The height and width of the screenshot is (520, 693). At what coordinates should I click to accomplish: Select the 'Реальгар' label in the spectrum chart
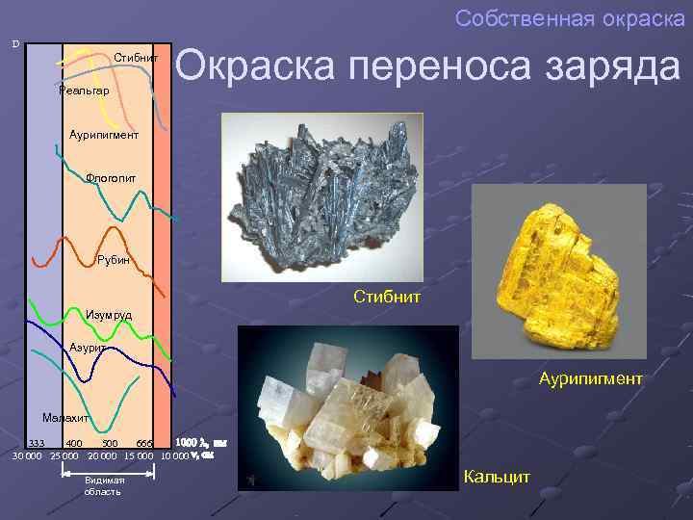pyautogui.click(x=84, y=90)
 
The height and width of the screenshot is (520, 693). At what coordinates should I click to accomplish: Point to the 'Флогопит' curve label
pyautogui.click(x=111, y=177)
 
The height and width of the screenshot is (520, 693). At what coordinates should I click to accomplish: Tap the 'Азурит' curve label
pyautogui.click(x=89, y=347)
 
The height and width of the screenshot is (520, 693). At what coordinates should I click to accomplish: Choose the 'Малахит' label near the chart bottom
pyautogui.click(x=65, y=418)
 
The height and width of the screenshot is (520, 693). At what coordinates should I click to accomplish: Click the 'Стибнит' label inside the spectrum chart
pyautogui.click(x=136, y=58)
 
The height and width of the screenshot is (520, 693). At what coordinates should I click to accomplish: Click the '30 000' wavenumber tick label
pyautogui.click(x=28, y=455)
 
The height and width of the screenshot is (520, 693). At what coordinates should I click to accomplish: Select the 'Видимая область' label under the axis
pyautogui.click(x=103, y=485)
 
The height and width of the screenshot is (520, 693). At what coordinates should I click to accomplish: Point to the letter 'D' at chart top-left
pyautogui.click(x=15, y=44)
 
